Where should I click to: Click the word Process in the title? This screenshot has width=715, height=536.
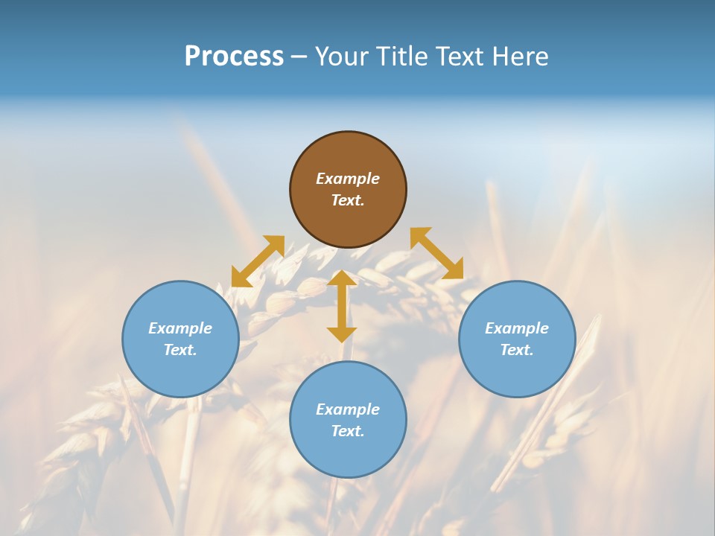pyautogui.click(x=234, y=57)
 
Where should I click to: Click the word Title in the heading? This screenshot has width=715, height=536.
pyautogui.click(x=400, y=57)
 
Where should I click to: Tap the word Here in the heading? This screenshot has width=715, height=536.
pyautogui.click(x=519, y=57)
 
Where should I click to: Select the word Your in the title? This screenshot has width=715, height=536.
pyautogui.click(x=342, y=57)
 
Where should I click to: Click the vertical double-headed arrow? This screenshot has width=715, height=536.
pyautogui.click(x=342, y=306)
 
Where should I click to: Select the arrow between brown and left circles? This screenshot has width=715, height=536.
pyautogui.click(x=258, y=261)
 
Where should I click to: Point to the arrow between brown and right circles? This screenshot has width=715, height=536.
pyautogui.click(x=436, y=253)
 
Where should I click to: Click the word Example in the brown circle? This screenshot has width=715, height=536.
pyautogui.click(x=348, y=179)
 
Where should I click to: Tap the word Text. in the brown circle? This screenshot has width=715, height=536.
pyautogui.click(x=348, y=200)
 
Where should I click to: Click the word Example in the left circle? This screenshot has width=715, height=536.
pyautogui.click(x=180, y=328)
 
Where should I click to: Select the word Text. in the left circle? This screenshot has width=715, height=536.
pyautogui.click(x=180, y=350)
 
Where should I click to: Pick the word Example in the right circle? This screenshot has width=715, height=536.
pyautogui.click(x=517, y=328)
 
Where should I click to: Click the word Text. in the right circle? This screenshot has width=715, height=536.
pyautogui.click(x=517, y=350)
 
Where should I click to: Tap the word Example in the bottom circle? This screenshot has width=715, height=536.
pyautogui.click(x=348, y=409)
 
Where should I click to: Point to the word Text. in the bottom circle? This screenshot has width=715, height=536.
pyautogui.click(x=348, y=431)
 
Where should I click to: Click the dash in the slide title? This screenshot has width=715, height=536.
pyautogui.click(x=299, y=57)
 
